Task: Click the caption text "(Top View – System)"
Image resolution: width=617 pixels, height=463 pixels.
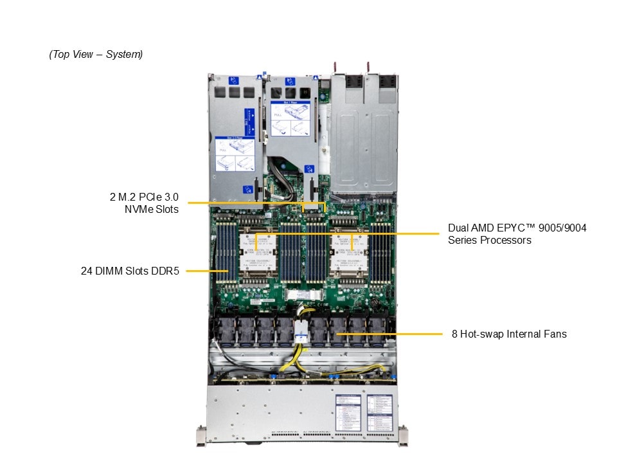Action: [x=96, y=55]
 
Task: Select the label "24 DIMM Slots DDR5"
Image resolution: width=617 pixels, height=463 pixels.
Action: [x=132, y=271]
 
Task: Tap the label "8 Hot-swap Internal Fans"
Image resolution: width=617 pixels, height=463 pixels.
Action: [x=509, y=334]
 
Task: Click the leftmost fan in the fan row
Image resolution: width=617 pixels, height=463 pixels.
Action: [x=228, y=330]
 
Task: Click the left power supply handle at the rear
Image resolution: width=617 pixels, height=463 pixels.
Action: [x=335, y=67]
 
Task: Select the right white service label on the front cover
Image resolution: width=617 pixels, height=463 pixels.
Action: [x=379, y=412]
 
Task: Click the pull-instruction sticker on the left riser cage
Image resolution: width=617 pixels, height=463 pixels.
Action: [x=235, y=153]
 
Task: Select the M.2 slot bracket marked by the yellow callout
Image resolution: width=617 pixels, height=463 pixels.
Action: [x=314, y=207]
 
